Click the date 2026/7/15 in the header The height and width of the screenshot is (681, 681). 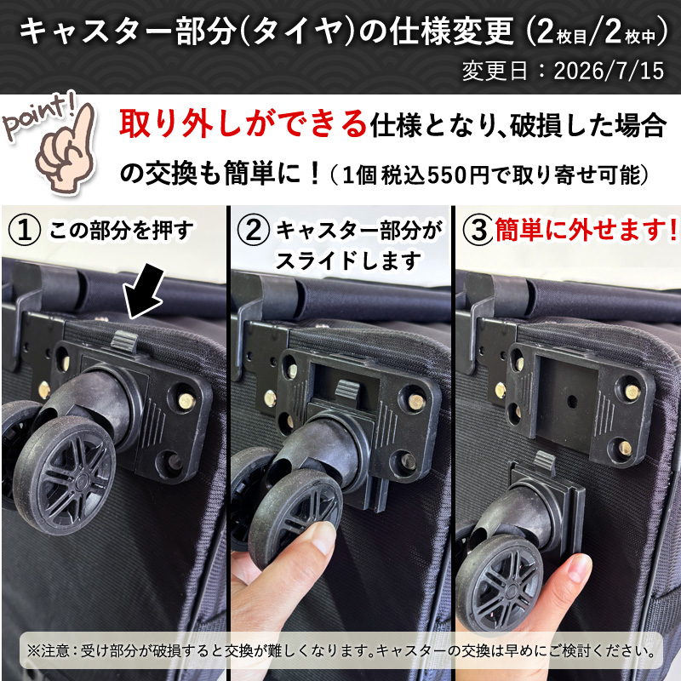pyautogui.click(x=609, y=71)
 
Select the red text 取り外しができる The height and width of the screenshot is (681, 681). pyautogui.click(x=243, y=123)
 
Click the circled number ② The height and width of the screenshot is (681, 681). pyautogui.click(x=254, y=230)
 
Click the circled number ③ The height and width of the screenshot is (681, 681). pyautogui.click(x=478, y=229)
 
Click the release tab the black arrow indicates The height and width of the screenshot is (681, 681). pyautogui.click(x=124, y=340)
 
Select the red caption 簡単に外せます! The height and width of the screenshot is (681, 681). pyautogui.click(x=587, y=229)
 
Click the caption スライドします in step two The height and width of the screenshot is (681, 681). pyautogui.click(x=349, y=261)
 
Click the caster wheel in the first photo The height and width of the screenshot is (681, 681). pyautogui.click(x=66, y=474)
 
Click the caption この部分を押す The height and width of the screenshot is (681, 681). pyautogui.click(x=121, y=231)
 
